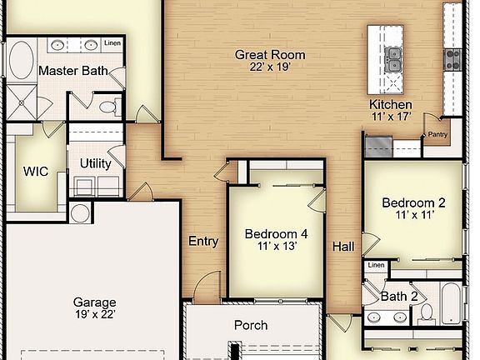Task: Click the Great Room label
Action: point(270,55)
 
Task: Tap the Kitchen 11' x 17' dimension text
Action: point(391,117)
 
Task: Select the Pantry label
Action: point(437,134)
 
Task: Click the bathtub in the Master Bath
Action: point(21,60)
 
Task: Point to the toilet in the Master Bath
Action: point(110,107)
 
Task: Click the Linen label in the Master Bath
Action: point(112,42)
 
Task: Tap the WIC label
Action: point(36,172)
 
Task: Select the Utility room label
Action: point(96,163)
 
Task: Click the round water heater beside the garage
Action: point(80,212)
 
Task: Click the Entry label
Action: point(203,241)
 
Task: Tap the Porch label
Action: point(251,325)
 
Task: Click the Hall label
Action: point(343,247)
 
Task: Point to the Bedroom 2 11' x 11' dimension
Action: point(414,215)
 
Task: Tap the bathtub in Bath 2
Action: point(451,303)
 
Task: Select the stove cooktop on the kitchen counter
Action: point(452,59)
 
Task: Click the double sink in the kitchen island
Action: point(393,59)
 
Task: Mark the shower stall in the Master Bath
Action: point(22,102)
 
